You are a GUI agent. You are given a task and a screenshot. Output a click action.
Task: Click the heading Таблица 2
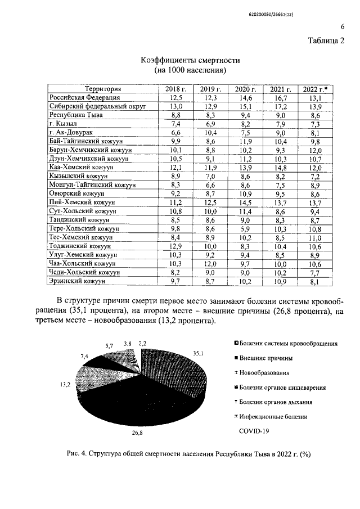[326, 40]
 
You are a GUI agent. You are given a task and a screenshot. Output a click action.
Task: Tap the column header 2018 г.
[175, 89]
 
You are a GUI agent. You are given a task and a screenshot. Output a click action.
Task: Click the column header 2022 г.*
[316, 89]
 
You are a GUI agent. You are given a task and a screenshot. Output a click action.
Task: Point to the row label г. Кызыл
[63, 123]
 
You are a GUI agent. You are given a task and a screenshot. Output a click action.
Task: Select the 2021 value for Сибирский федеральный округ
[281, 106]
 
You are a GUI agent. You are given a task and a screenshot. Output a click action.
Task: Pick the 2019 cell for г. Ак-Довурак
[210, 132]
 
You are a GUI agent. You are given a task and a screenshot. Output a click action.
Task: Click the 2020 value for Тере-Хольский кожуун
[246, 229]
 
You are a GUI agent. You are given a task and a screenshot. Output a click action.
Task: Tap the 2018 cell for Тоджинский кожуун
[175, 246]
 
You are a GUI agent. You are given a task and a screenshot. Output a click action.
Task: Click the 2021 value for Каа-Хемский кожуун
[281, 167]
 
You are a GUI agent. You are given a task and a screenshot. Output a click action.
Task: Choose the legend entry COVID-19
[254, 431]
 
